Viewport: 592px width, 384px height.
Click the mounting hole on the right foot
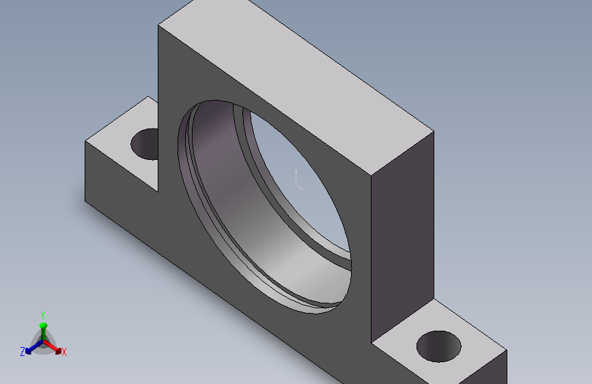pos(439,346)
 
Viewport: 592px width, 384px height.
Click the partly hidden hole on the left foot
pos(145,144)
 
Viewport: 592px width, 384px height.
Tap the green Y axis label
pos(42,315)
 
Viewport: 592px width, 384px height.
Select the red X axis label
pos(64,353)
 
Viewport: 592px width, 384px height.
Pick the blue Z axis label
pos(23,352)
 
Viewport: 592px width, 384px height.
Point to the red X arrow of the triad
pos(53,347)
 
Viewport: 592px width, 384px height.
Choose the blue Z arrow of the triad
pos(34,347)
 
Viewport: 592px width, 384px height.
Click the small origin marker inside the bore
pos(298,180)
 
